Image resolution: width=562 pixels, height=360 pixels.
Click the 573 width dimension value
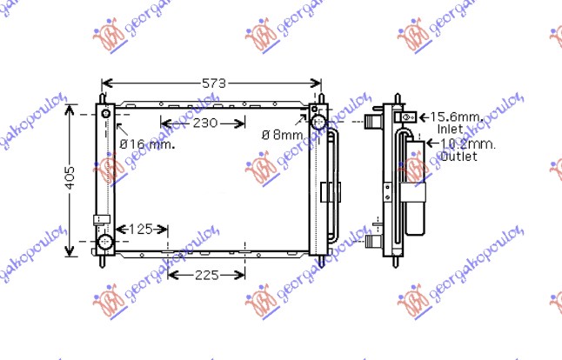pyautogui.click(x=213, y=83)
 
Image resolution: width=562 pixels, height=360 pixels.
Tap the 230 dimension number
pyautogui.click(x=204, y=123)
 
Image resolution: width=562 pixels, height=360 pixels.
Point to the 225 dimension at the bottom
pyautogui.click(x=205, y=275)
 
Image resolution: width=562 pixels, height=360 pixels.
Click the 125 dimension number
pyautogui.click(x=141, y=230)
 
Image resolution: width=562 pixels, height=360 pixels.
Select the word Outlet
pyautogui.click(x=458, y=157)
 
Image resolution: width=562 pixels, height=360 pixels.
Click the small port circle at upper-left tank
pyautogui.click(x=105, y=114)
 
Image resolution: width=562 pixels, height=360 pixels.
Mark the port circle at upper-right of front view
pyautogui.click(x=318, y=122)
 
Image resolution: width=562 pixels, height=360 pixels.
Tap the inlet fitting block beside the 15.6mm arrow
pyautogui.click(x=405, y=117)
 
